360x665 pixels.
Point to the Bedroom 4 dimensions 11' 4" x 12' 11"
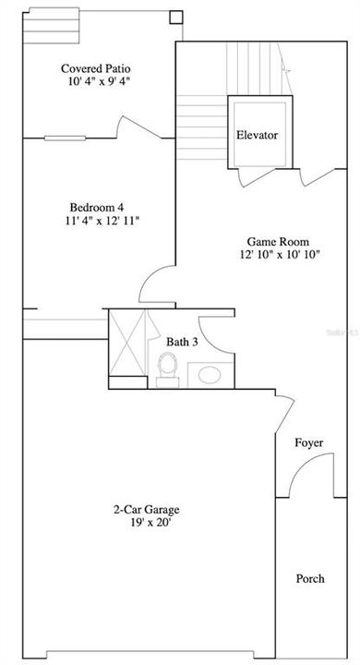tap(97, 221)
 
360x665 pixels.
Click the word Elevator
tap(257, 135)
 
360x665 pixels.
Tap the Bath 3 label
tap(182, 342)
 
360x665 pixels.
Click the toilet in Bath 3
tap(167, 370)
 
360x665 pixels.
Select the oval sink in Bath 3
tap(210, 375)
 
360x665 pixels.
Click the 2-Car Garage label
tap(146, 509)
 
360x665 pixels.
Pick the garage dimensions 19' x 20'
tap(146, 523)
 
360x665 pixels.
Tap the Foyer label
tap(309, 443)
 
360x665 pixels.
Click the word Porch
tap(310, 579)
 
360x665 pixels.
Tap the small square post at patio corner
tap(175, 17)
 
